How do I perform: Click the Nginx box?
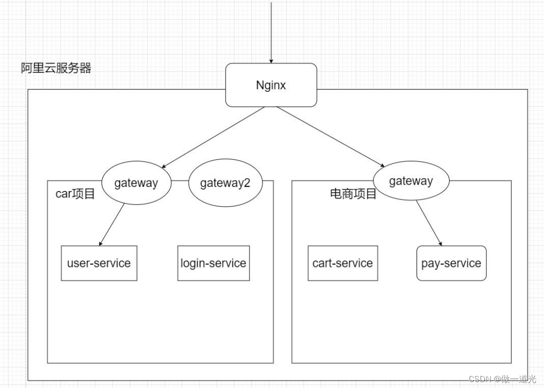(x=271, y=85)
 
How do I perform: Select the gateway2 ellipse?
(x=225, y=183)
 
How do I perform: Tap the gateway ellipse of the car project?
(x=136, y=183)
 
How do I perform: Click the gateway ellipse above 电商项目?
(x=411, y=181)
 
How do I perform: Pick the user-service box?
(x=99, y=263)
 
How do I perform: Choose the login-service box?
(x=213, y=263)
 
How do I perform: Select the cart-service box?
(x=342, y=263)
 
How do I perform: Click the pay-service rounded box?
(x=451, y=263)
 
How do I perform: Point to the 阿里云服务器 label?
(x=56, y=68)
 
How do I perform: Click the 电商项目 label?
(x=353, y=194)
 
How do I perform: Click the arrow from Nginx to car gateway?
(x=213, y=137)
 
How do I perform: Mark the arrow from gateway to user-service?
(x=113, y=224)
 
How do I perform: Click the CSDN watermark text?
(x=502, y=379)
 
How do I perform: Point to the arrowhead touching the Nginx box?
(x=271, y=60)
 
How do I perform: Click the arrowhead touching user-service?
(x=101, y=243)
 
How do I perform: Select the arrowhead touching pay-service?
(x=440, y=243)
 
